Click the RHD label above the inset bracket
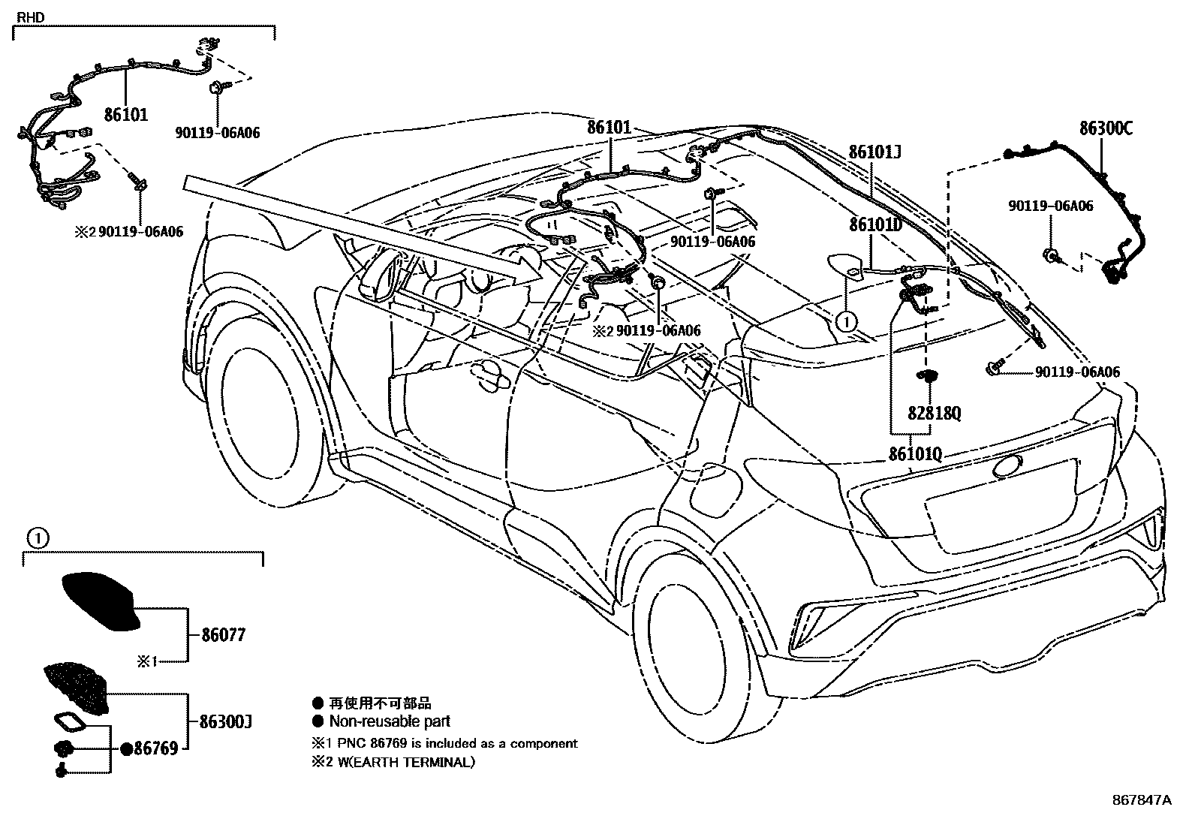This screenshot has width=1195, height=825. tap(31, 17)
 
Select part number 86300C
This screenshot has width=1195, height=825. tap(1106, 128)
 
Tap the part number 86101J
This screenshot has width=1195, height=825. tap(874, 152)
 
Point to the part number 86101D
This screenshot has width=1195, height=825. tap(875, 224)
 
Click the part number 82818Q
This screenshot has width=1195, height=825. tap(934, 413)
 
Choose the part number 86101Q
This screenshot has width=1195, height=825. tap(915, 453)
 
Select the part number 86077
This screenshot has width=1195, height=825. tap(224, 634)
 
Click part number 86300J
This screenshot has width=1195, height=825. tap(226, 721)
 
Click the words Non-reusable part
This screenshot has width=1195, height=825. tap(390, 721)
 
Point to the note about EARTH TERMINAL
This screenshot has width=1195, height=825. tap(393, 761)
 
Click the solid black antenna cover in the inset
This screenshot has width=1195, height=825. tap(101, 601)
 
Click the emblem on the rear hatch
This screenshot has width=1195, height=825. tap(1008, 466)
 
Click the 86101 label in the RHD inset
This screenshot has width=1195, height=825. tap(126, 114)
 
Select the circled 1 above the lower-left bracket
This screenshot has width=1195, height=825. tap(38, 538)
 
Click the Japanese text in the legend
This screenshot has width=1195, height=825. tap(380, 703)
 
